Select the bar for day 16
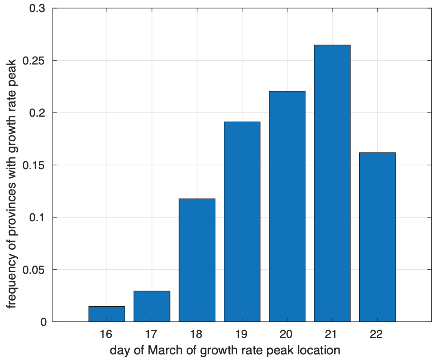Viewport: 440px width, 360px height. pyautogui.click(x=107, y=314)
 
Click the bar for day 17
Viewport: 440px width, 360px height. pyautogui.click(x=152, y=306)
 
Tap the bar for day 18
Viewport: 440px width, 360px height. pyautogui.click(x=197, y=260)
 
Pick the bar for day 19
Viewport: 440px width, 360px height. pyautogui.click(x=242, y=222)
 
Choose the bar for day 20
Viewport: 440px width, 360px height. pyautogui.click(x=287, y=206)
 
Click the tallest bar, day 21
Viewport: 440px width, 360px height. pyautogui.click(x=332, y=183)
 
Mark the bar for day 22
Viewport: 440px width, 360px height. pyautogui.click(x=377, y=237)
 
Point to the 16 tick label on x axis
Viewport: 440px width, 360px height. pyautogui.click(x=107, y=334)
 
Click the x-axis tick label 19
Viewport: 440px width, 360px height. pyautogui.click(x=242, y=334)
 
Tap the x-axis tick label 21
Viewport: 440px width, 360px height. pyautogui.click(x=332, y=334)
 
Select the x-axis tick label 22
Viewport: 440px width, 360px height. pyautogui.click(x=377, y=334)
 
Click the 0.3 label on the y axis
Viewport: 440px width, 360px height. pyautogui.click(x=37, y=8)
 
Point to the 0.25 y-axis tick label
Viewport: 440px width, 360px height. pyautogui.click(x=34, y=60)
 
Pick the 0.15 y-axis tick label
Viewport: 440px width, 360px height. pyautogui.click(x=34, y=165)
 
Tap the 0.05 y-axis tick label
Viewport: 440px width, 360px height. pyautogui.click(x=34, y=270)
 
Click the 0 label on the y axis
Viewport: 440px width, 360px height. pyautogui.click(x=44, y=322)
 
